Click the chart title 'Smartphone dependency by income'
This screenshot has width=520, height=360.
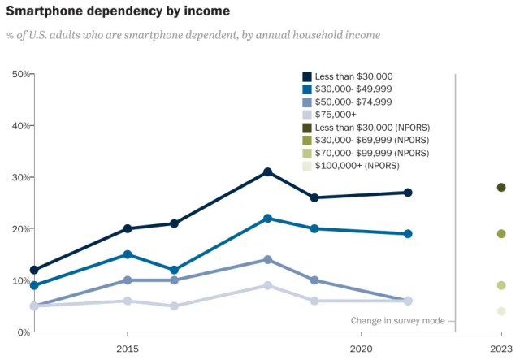pos(118,11)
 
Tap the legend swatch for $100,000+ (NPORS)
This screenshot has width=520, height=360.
pos(307,166)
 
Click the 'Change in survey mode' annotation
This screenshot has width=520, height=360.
pos(397,320)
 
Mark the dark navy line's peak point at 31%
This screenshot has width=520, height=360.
pos(267,172)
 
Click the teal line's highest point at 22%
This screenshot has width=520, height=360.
pos(267,219)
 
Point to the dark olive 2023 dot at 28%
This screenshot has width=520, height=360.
pos(501,188)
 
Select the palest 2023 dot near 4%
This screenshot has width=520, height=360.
pos(501,311)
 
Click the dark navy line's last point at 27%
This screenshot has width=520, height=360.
pos(408,193)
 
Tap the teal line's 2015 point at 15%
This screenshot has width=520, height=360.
pos(127,254)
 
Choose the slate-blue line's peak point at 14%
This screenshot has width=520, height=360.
pos(267,259)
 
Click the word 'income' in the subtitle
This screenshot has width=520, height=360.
pos(362,36)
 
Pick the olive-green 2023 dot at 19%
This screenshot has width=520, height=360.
pos(501,234)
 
